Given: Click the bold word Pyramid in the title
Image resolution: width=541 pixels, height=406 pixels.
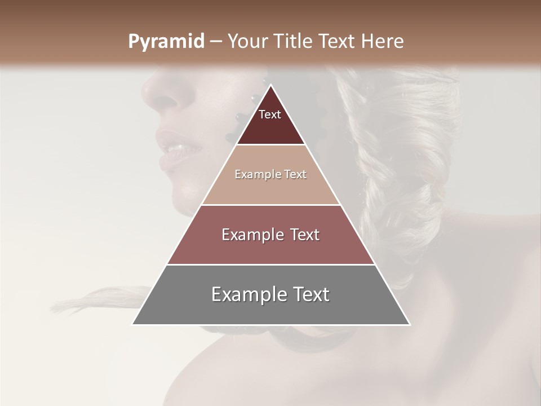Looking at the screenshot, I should point(166,42).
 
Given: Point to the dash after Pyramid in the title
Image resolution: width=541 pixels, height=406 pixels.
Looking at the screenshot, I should point(215,42).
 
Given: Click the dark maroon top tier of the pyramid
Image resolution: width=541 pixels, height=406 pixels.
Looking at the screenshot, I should point(270,127).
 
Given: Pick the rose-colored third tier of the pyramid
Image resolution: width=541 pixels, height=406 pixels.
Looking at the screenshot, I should point(270,248).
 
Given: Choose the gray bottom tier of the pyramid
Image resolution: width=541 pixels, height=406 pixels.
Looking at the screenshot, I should point(270,307).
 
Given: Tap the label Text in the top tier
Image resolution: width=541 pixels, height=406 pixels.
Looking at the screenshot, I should point(270,114).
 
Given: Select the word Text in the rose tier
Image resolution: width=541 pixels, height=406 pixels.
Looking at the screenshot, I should point(301,235).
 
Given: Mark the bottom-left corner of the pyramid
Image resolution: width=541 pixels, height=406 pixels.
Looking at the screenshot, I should point(132,325).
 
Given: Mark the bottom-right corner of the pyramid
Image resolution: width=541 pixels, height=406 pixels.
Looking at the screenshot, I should point(410,325).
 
